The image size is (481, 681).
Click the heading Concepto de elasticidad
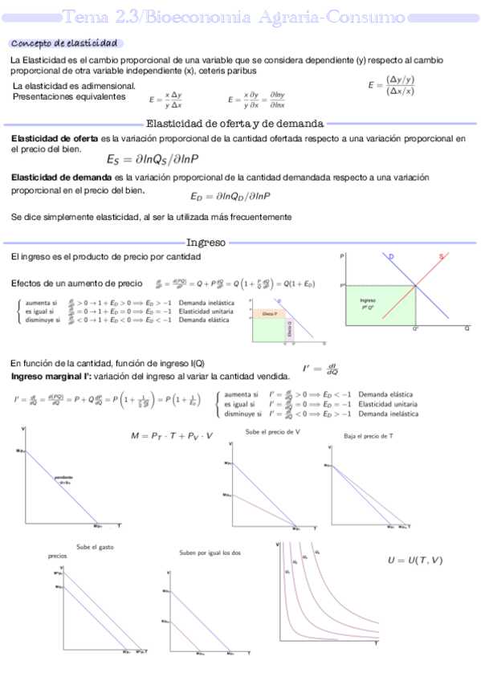(x=64, y=43)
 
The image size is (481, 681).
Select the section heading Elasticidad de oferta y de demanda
(x=234, y=124)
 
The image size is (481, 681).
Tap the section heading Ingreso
(x=206, y=242)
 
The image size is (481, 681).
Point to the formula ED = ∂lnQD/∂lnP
(x=230, y=196)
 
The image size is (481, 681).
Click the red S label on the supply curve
(x=441, y=257)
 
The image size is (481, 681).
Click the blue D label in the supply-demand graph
(x=391, y=257)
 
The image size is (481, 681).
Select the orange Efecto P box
(x=270, y=313)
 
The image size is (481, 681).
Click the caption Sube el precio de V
(x=273, y=432)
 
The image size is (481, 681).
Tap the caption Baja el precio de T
(x=368, y=435)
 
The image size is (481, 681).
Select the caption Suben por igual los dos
(x=210, y=553)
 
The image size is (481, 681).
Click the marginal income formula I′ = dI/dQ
(x=320, y=369)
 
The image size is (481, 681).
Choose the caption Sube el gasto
(x=95, y=546)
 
